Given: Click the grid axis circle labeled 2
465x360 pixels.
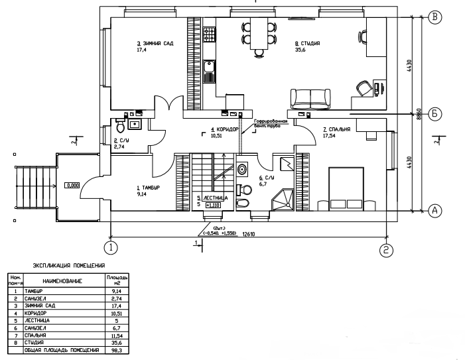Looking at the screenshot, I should tap(386, 249).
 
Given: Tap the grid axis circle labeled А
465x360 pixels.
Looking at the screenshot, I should tap(435, 211).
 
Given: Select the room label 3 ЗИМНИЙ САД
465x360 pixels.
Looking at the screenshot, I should tap(155, 43).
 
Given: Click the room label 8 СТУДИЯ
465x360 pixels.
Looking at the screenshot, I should tap(307, 43).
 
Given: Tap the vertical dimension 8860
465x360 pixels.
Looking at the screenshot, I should tap(419, 113).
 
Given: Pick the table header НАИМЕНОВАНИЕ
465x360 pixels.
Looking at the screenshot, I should tap(63, 281).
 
